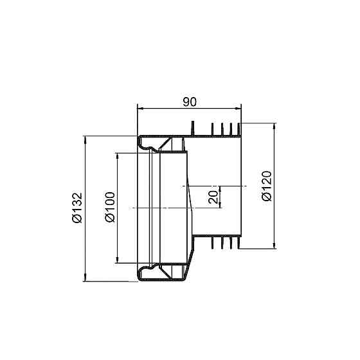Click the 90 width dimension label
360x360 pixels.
click(190, 102)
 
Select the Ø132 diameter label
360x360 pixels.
click(77, 208)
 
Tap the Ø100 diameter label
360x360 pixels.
click(110, 207)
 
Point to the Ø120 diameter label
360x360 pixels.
click(267, 186)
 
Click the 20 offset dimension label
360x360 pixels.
click(213, 197)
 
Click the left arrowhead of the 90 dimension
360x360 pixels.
click(141, 109)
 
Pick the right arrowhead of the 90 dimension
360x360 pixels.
click(238, 109)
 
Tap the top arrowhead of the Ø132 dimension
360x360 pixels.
click(85, 139)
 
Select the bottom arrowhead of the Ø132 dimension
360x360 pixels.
click(85, 278)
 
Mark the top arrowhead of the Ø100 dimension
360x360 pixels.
click(118, 156)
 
